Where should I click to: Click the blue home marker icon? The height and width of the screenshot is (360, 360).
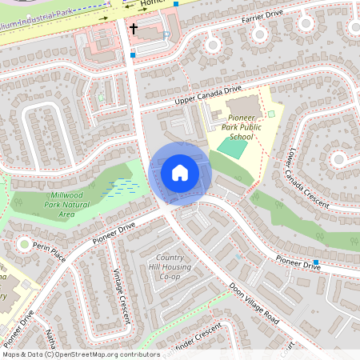180,172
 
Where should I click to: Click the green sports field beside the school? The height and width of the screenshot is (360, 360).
233,148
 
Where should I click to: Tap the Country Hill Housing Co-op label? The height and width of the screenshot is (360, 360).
170,267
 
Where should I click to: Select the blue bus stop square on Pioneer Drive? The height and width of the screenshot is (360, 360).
316,262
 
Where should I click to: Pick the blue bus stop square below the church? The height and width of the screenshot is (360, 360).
133,55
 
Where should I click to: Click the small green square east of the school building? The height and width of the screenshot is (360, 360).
271,114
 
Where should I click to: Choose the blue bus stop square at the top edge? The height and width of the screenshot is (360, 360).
176,3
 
